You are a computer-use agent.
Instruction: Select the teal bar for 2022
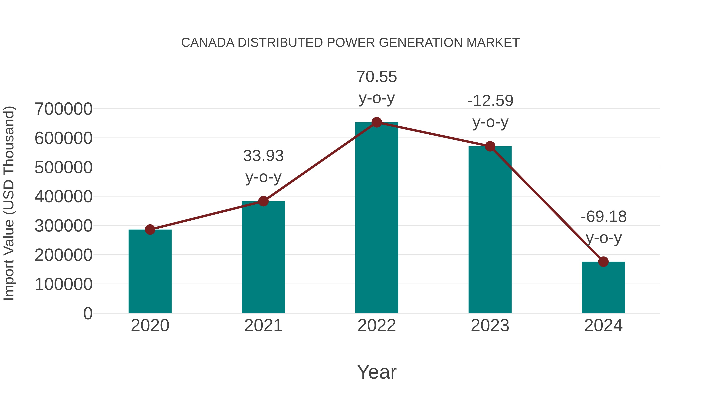coord(377,218)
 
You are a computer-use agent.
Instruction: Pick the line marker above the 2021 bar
coord(263,201)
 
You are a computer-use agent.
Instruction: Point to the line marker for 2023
coord(490,146)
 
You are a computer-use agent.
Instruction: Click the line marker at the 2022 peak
coord(377,122)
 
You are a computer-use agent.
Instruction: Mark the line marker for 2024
coord(603,262)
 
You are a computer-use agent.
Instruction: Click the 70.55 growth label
coord(377,77)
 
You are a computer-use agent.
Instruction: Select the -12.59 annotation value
coord(490,101)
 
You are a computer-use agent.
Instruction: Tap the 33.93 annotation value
coord(263,156)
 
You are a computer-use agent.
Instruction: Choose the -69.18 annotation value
coord(604,217)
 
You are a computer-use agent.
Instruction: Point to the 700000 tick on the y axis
coord(63,109)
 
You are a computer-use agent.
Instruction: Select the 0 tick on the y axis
coord(88,313)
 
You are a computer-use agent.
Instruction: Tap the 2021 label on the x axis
coord(263,326)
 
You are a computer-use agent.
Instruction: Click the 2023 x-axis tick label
coord(490,326)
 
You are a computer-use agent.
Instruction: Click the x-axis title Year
coord(377,372)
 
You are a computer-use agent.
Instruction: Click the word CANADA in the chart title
coord(208,43)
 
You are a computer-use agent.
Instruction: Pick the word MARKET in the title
coord(493,43)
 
